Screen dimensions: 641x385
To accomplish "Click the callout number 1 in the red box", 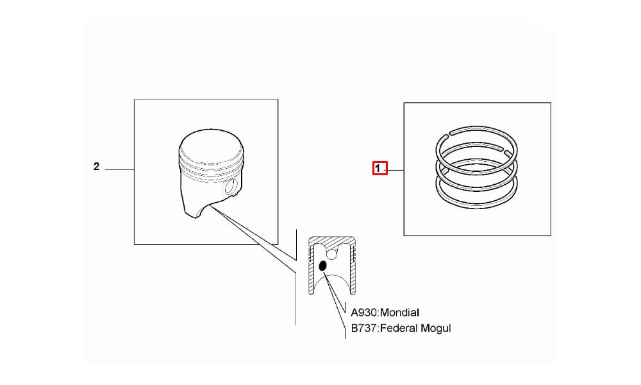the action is (378, 168).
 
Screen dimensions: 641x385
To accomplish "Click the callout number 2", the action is (97, 167).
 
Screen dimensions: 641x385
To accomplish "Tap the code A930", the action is (364, 312).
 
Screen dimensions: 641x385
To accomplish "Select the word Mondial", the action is (399, 312).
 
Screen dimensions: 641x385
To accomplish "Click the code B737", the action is (364, 328).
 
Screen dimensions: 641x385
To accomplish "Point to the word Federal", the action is (399, 328).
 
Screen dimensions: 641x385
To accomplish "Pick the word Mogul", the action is (436, 329).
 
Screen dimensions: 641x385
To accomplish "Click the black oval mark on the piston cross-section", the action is (322, 266).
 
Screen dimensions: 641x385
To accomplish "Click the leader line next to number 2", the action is (120, 169).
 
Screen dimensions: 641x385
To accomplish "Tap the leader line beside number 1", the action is (395, 170).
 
